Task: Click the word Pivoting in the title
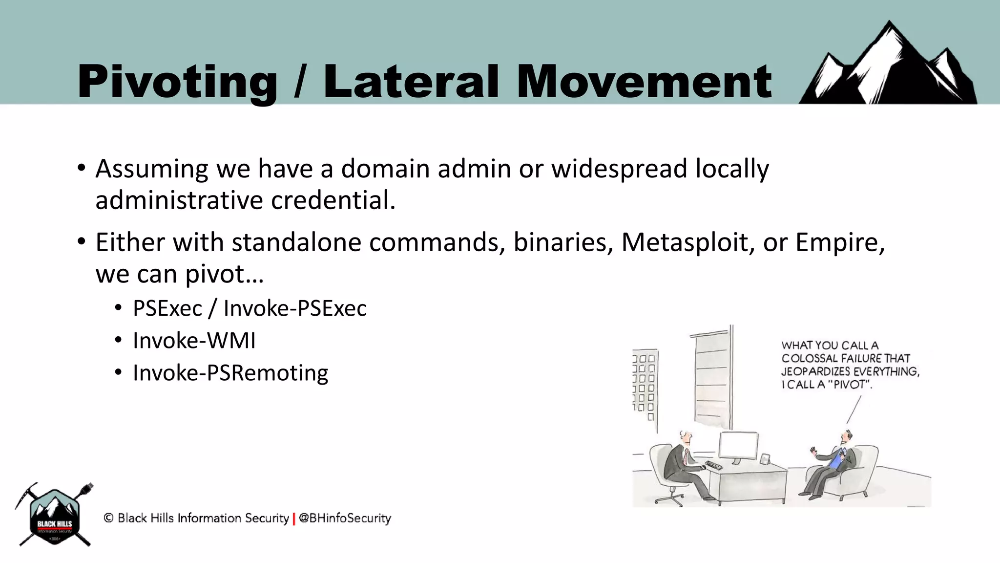pos(177,82)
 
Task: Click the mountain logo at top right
pos(889,66)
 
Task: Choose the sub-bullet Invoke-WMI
pos(194,341)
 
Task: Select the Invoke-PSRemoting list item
pos(230,373)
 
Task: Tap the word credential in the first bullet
pos(333,200)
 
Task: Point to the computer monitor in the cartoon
pos(739,446)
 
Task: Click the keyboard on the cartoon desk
pos(713,465)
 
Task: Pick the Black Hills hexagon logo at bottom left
pos(55,516)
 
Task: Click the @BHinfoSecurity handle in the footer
pos(345,518)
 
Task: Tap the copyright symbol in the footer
pos(108,518)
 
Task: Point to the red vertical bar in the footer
pos(294,519)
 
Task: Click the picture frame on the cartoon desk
pos(765,459)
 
